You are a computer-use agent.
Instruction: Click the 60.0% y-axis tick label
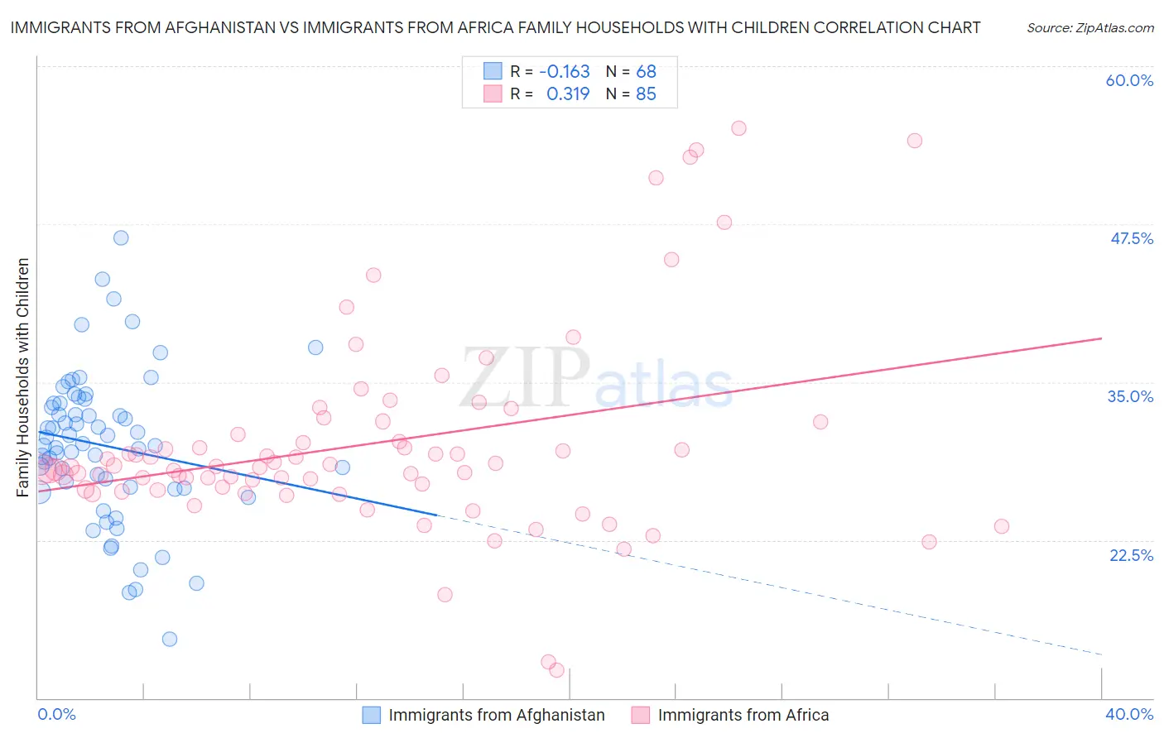(x=1129, y=80)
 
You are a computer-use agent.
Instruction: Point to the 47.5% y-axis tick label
(x=1131, y=238)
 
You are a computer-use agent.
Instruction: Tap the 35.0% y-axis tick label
(x=1130, y=396)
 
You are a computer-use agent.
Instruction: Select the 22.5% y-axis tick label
(x=1131, y=555)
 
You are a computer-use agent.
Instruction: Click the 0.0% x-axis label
(x=56, y=714)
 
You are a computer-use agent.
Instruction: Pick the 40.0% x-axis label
(x=1129, y=714)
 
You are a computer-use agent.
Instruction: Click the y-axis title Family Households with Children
(x=22, y=377)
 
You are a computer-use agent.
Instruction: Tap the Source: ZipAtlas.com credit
(x=1089, y=28)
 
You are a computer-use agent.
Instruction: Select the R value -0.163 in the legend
(x=564, y=71)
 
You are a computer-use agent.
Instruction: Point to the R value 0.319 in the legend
(x=568, y=93)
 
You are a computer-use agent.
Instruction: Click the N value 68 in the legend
(x=646, y=71)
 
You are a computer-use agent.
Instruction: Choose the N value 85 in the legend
(x=646, y=93)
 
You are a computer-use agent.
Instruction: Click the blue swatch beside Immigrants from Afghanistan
(x=372, y=715)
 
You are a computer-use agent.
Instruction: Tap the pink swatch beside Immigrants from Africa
(x=641, y=715)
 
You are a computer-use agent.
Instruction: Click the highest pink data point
(x=738, y=128)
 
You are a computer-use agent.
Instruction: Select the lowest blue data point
(x=170, y=639)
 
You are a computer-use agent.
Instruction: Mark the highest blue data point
(x=121, y=237)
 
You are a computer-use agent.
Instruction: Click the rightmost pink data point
(x=1002, y=526)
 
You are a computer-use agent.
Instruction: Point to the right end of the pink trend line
(x=1101, y=338)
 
